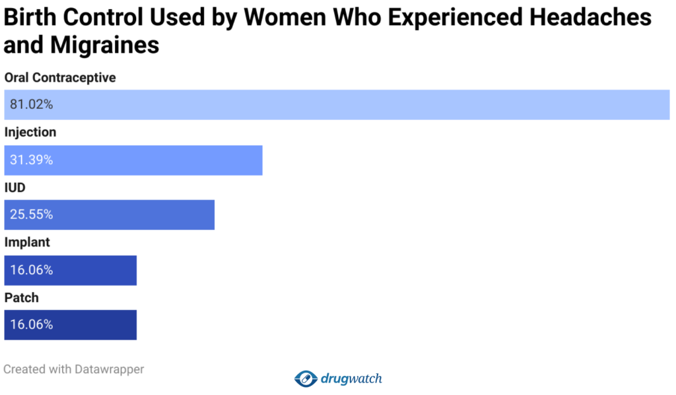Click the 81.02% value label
point(32,104)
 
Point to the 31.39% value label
point(32,160)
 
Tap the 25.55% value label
point(32,215)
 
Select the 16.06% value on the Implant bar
point(32,270)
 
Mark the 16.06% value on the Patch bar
point(32,325)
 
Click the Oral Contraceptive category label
point(60,78)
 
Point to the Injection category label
point(30,133)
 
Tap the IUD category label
point(15,188)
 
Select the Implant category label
point(27,243)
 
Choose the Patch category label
point(22,298)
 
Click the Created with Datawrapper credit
point(74,369)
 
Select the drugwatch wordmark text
point(352,379)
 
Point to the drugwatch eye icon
point(306,379)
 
